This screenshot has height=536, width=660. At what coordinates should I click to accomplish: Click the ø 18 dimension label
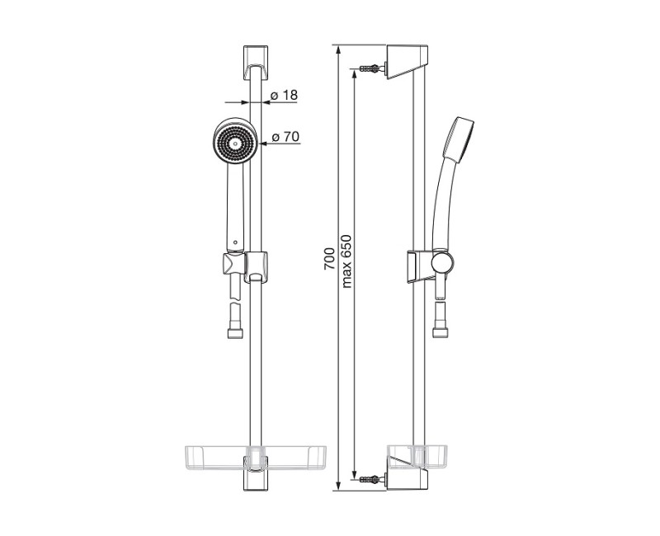click(x=285, y=96)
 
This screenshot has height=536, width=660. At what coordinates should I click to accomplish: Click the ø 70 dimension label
click(x=285, y=137)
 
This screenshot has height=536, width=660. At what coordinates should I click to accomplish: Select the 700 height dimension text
click(x=329, y=259)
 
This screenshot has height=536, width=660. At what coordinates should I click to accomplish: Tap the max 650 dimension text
click(x=346, y=261)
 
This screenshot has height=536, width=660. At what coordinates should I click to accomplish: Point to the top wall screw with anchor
click(x=374, y=68)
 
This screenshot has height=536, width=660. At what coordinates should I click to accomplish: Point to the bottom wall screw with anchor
click(x=374, y=478)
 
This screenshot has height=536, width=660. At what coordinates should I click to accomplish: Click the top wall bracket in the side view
click(x=407, y=61)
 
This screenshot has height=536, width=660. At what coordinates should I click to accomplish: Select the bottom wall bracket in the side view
click(x=407, y=479)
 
